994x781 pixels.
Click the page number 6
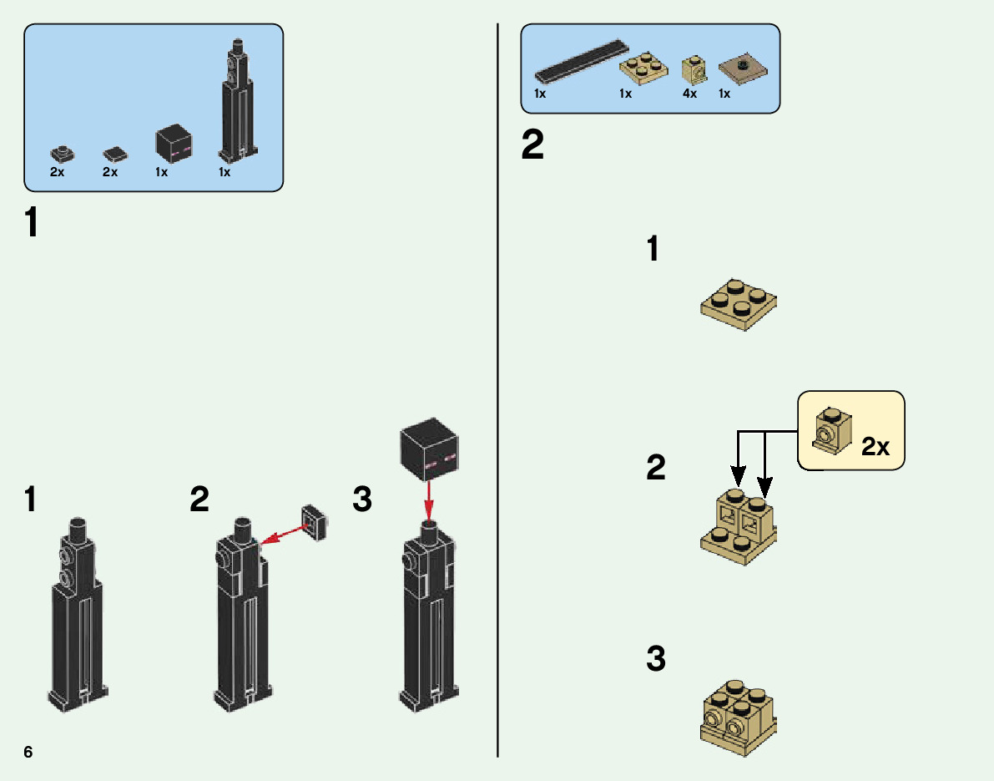(28, 752)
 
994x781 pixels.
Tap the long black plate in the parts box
(581, 61)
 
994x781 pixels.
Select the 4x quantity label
(689, 94)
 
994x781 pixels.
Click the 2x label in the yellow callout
(875, 446)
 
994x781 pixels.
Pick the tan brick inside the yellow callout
(830, 429)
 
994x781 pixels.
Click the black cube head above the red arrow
(429, 450)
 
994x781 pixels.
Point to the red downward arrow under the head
(429, 499)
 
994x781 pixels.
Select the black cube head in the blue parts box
(174, 143)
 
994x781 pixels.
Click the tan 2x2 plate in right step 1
(739, 304)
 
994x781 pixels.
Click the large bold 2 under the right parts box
(532, 146)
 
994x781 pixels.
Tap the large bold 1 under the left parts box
(31, 223)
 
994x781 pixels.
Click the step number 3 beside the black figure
(361, 500)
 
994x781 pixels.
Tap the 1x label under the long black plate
(540, 94)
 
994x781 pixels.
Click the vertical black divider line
(497, 418)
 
